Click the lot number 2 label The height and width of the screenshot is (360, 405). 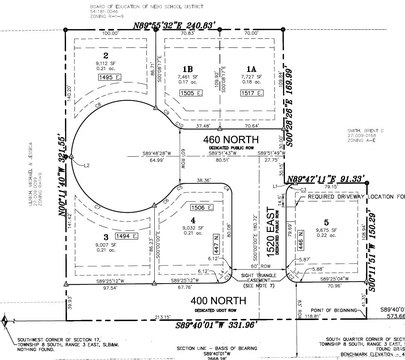tap(105, 56)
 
